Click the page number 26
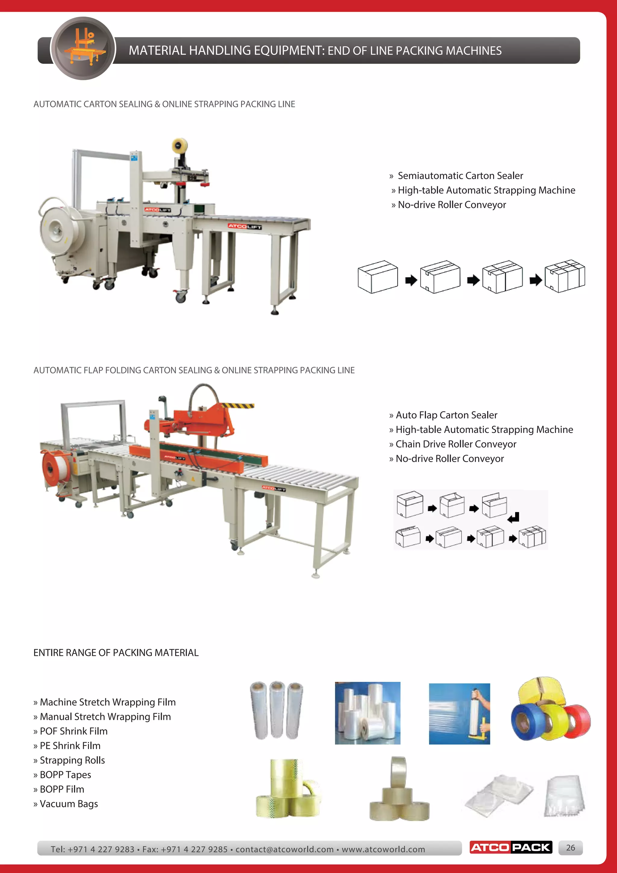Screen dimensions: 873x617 pos(570,847)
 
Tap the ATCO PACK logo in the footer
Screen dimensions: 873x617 pos(511,847)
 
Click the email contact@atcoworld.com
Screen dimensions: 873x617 pos(284,849)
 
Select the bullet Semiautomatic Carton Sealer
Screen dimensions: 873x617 pos(460,176)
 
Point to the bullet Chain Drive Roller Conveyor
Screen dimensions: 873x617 pos(456,444)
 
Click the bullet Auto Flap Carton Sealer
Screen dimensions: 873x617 pos(446,415)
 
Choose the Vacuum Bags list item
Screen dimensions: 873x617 pos(68,804)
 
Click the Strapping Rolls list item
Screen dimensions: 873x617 pos(72,760)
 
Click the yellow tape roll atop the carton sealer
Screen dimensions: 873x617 pos(179,146)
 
